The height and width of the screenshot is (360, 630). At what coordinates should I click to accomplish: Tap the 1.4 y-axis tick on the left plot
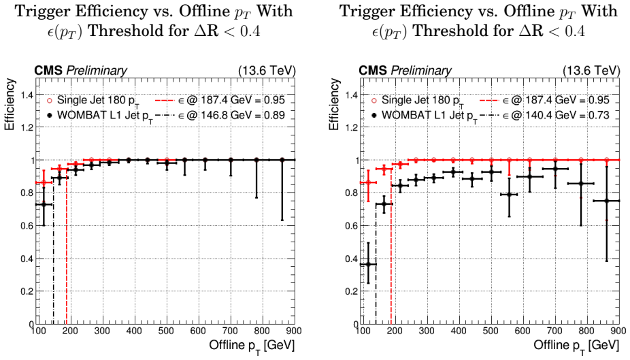pyautogui.click(x=27, y=95)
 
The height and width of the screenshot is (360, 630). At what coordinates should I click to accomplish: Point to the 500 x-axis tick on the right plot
pyautogui.click(x=491, y=331)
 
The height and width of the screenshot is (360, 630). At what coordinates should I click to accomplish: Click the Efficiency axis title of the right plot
pyautogui.click(x=334, y=105)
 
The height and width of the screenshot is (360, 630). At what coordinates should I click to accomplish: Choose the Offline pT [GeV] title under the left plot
pyautogui.click(x=252, y=346)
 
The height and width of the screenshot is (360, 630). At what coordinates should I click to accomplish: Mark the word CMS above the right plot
pyautogui.click(x=372, y=71)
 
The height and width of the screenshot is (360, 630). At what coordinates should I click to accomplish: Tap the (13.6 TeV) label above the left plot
pyautogui.click(x=267, y=71)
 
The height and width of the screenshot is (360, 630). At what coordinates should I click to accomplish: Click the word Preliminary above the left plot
pyautogui.click(x=97, y=71)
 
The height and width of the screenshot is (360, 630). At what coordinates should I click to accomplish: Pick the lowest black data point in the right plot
pyautogui.click(x=367, y=264)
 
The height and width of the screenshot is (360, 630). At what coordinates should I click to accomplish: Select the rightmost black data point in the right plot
pyautogui.click(x=607, y=201)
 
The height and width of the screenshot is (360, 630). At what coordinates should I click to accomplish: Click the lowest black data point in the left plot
pyautogui.click(x=44, y=205)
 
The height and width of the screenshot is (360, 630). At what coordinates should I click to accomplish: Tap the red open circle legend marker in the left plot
pyautogui.click(x=50, y=101)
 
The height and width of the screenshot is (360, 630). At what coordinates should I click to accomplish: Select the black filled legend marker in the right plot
pyautogui.click(x=374, y=116)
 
